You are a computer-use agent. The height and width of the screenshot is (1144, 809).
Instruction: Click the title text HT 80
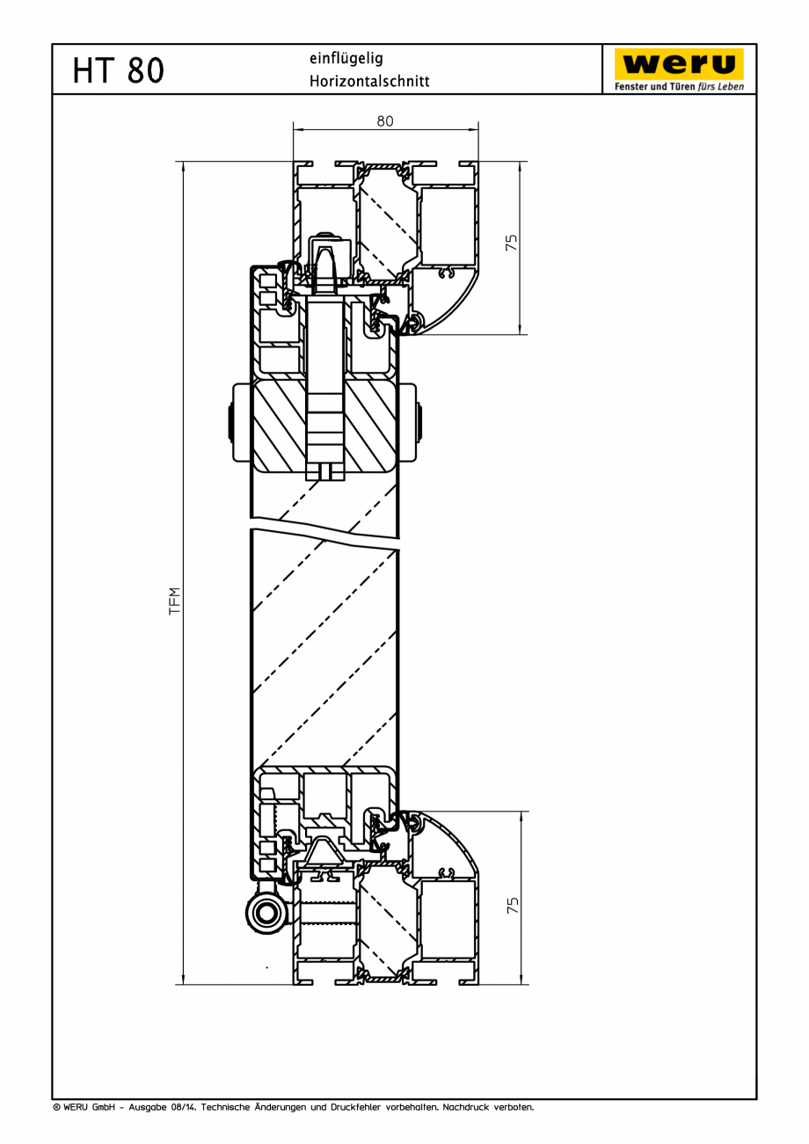(118, 69)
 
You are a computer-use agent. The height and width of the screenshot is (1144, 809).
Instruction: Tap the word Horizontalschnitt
(369, 81)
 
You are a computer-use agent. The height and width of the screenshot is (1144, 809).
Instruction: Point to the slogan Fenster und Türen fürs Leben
(679, 86)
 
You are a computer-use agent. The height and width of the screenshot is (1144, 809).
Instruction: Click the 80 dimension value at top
(385, 121)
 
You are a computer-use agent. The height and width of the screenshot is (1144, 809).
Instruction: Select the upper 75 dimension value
(512, 243)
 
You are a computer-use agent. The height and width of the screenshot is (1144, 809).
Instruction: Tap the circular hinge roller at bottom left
(266, 912)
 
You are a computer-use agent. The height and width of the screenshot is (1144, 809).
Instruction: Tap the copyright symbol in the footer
(56, 1107)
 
